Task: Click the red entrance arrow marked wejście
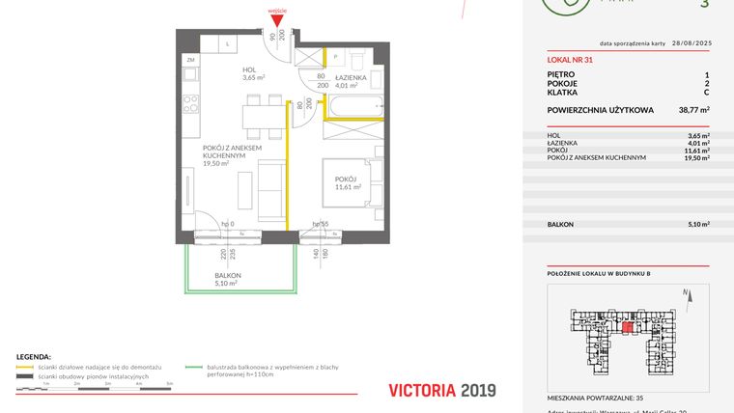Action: click(276, 18)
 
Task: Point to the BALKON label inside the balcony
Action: click(228, 276)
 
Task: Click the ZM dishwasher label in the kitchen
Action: click(190, 59)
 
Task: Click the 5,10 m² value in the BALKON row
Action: click(698, 224)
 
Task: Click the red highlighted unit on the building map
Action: click(629, 328)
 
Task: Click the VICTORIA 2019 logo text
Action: click(441, 390)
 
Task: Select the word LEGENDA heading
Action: click(34, 356)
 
